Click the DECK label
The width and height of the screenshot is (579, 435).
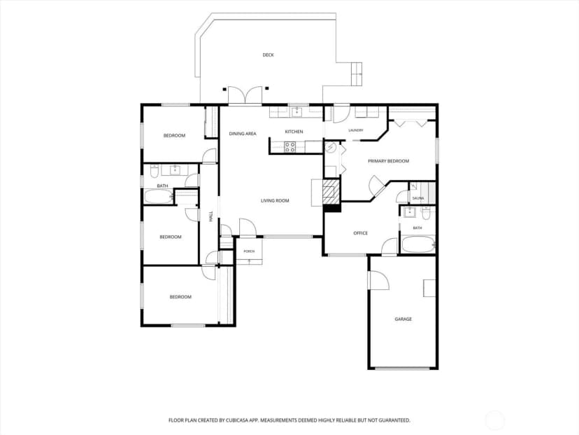pyautogui.click(x=268, y=55)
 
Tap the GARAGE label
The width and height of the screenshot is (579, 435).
pyautogui.click(x=403, y=319)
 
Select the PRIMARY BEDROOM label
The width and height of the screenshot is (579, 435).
pyautogui.click(x=389, y=161)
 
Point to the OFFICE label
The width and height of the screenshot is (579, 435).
pyautogui.click(x=360, y=233)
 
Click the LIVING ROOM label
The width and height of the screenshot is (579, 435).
pyautogui.click(x=275, y=201)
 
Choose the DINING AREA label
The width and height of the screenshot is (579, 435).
pyautogui.click(x=243, y=134)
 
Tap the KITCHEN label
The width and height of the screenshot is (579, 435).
pyautogui.click(x=294, y=132)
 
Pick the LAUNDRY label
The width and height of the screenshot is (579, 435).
pyautogui.click(x=356, y=130)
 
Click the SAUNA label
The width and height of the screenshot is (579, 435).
pyautogui.click(x=418, y=199)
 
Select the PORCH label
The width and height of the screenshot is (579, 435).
pyautogui.click(x=249, y=251)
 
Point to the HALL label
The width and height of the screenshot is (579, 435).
pyautogui.click(x=211, y=216)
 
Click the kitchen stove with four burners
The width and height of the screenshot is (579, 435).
pyautogui.click(x=290, y=147)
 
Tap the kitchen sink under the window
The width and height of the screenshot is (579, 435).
pyautogui.click(x=297, y=111)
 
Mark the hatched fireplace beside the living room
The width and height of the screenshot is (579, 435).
pyautogui.click(x=331, y=192)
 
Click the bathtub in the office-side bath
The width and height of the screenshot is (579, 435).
pyautogui.click(x=418, y=244)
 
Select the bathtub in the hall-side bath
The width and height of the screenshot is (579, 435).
pyautogui.click(x=159, y=196)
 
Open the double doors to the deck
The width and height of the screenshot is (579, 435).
pyautogui.click(x=245, y=95)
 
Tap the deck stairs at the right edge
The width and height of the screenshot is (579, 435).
pyautogui.click(x=357, y=74)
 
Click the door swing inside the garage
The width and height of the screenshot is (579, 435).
pyautogui.click(x=378, y=280)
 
